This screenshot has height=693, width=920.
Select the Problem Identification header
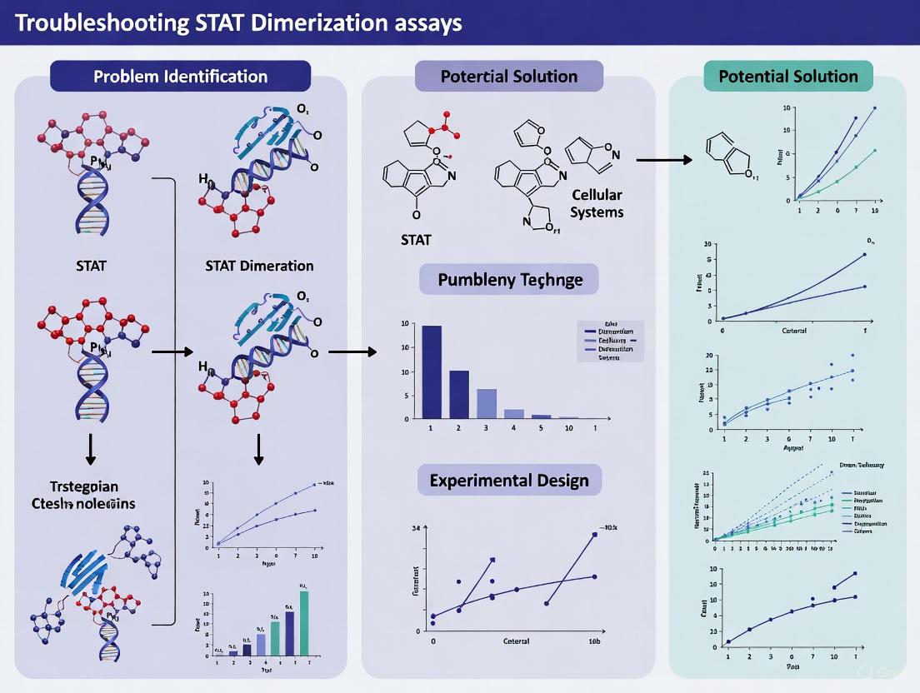pyautogui.click(x=180, y=76)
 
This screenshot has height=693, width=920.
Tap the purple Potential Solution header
pyautogui.click(x=508, y=76)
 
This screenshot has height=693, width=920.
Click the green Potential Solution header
pyautogui.click(x=787, y=76)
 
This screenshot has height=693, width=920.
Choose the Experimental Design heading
pyautogui.click(x=508, y=480)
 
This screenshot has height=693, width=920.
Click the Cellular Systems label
pyautogui.click(x=597, y=203)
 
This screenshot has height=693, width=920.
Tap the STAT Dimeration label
pyautogui.click(x=259, y=266)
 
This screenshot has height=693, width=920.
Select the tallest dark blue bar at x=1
pyautogui.click(x=431, y=371)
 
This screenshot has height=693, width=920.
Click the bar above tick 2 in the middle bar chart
pyautogui.click(x=459, y=394)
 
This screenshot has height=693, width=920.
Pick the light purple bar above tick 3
pyautogui.click(x=487, y=403)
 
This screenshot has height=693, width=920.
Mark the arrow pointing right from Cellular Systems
pyautogui.click(x=663, y=159)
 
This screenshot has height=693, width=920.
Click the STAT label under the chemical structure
pyautogui.click(x=416, y=240)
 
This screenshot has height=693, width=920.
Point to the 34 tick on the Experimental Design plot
pyautogui.click(x=414, y=528)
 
